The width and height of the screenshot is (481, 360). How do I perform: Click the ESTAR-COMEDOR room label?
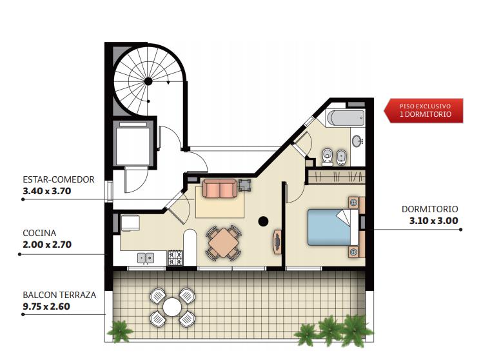click(59, 179)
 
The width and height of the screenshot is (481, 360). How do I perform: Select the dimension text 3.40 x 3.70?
click(47, 191)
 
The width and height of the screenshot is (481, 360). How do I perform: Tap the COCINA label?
click(39, 233)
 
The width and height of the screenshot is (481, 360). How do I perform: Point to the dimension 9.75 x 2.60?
click(46, 306)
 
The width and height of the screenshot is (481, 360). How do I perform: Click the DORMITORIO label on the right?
click(430, 209)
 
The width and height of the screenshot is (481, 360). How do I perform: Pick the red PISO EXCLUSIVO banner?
click(424, 110)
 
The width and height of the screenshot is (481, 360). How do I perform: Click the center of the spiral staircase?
click(148, 81)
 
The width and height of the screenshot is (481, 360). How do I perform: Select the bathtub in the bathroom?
click(346, 118)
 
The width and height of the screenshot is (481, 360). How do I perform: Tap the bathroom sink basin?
click(357, 141)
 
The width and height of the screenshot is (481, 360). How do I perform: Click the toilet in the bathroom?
click(328, 157)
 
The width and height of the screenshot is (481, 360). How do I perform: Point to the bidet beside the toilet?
click(341, 157)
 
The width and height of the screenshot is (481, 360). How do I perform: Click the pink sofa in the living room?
click(220, 188)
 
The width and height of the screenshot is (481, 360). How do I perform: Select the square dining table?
click(223, 243)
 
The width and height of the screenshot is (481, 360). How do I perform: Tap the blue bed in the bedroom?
click(329, 227)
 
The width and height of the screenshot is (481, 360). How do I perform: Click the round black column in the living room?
click(263, 221)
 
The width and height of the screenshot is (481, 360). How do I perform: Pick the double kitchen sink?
click(146, 258)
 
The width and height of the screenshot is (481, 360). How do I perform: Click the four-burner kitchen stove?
click(175, 258)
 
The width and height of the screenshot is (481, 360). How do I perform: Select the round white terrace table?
click(172, 307)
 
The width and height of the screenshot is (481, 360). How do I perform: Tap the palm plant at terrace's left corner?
click(120, 332)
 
